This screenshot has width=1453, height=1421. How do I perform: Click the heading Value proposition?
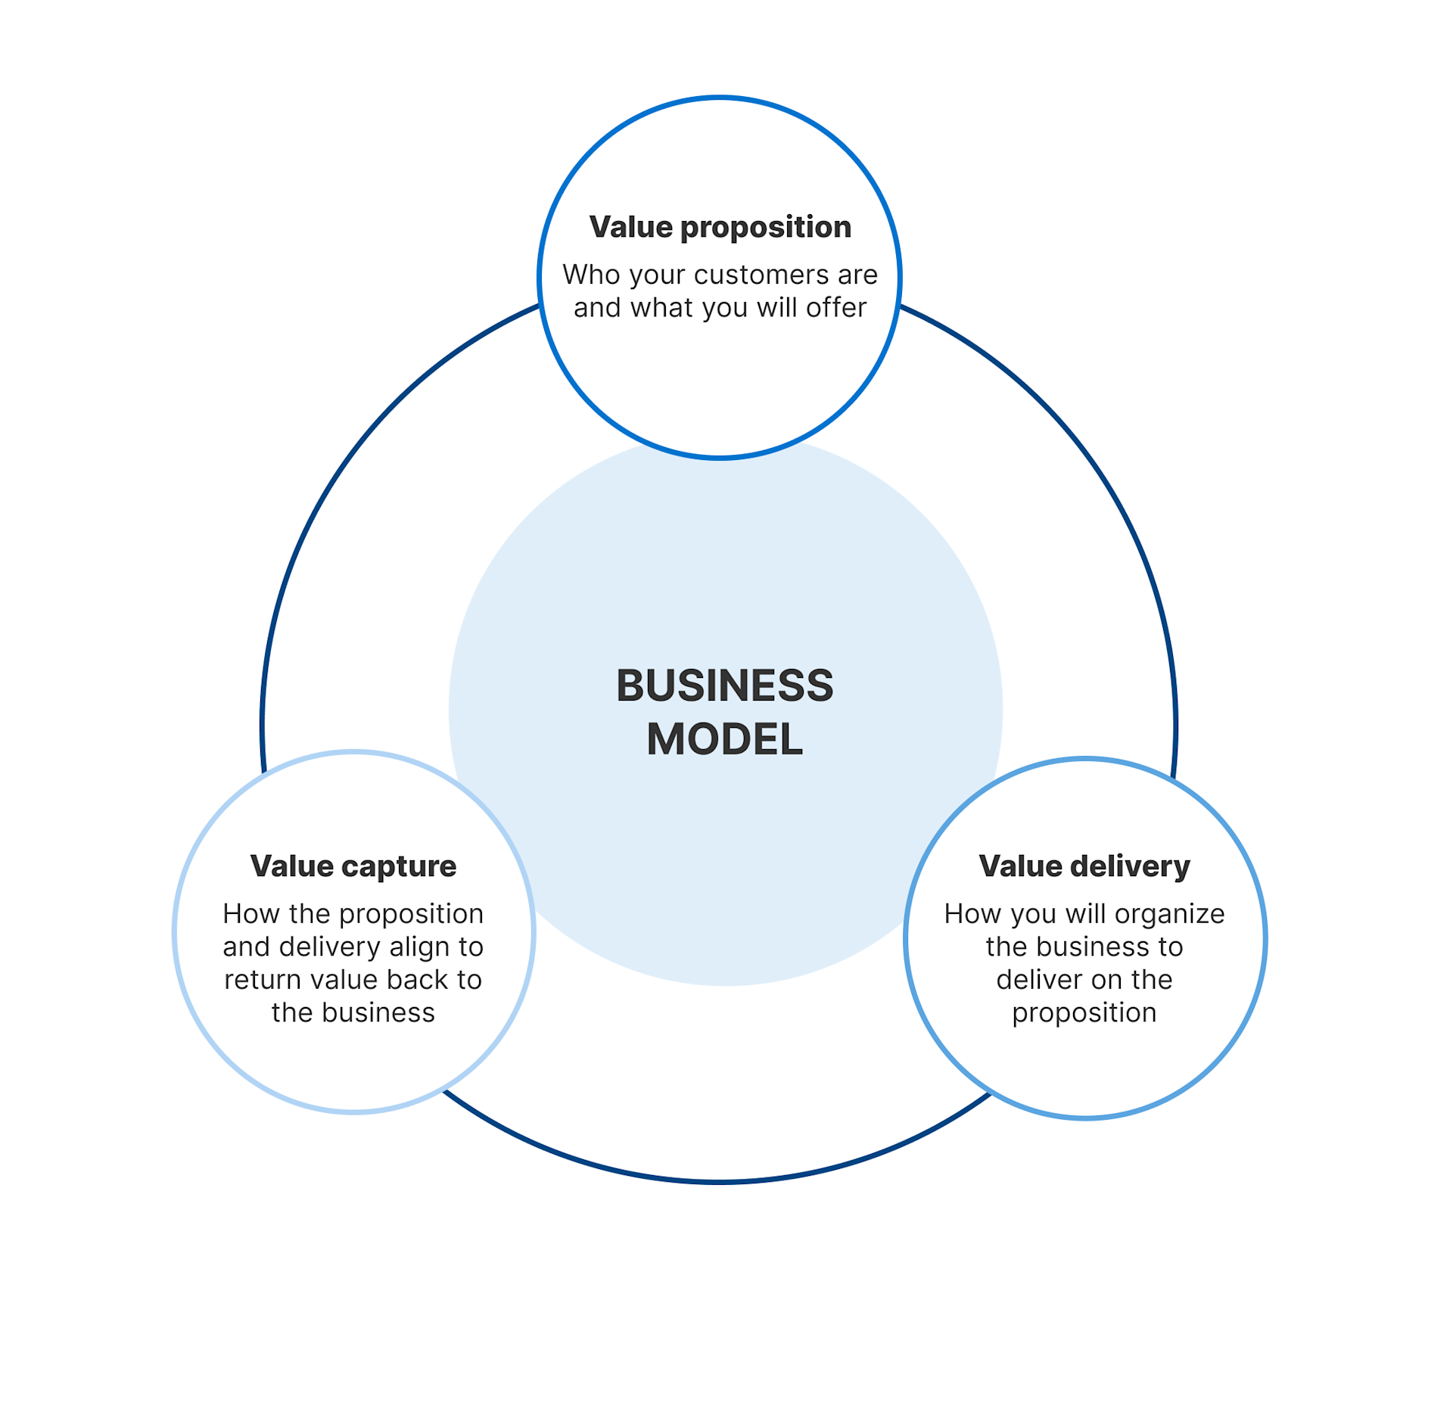pos(720,227)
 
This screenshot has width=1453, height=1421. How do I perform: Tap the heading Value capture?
pos(353,866)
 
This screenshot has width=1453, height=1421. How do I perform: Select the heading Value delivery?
pos(1084,866)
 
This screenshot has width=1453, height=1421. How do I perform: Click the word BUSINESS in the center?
pos(724,686)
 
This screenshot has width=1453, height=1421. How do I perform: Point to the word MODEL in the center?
pos(724,739)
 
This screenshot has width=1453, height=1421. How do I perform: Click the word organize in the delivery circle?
pos(1169,914)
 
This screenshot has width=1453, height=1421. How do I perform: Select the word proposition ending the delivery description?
pos(1084,1013)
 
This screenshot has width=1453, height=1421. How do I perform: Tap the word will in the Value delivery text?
pos(1086,914)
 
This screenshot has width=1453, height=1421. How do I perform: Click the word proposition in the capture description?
pos(411,914)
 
